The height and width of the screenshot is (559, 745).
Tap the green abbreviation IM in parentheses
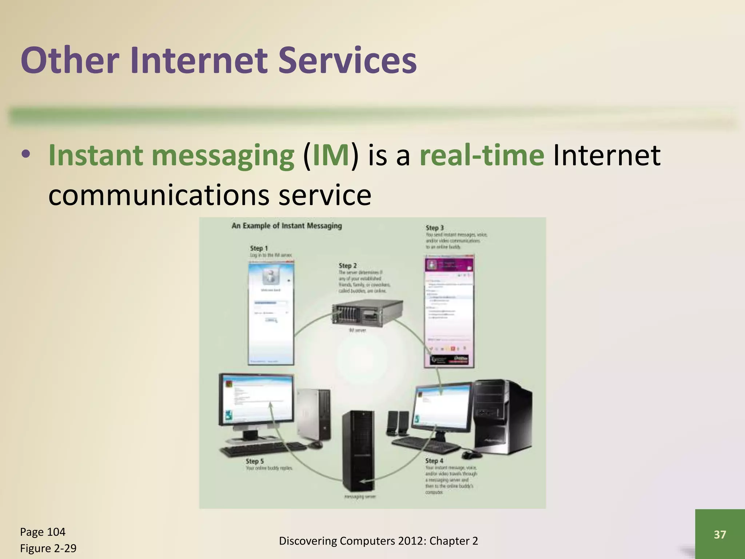point(330,155)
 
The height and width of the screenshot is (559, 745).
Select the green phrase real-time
point(482,155)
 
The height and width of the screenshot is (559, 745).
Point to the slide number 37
point(720,535)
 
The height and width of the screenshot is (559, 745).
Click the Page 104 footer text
point(43,532)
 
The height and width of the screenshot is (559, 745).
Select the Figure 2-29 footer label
point(48,548)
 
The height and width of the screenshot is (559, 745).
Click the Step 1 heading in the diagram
point(259,248)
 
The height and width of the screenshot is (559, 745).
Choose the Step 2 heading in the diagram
point(347,266)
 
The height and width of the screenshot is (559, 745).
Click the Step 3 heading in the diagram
point(435,228)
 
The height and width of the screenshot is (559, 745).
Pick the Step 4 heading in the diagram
point(434,461)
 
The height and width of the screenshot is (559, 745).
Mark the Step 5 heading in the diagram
point(255,461)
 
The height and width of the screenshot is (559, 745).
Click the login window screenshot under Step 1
point(271,313)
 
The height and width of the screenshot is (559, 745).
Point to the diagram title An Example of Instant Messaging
point(287,226)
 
